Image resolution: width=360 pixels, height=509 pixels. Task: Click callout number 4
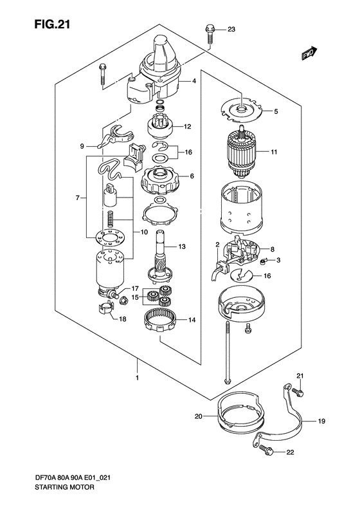coord(193,82)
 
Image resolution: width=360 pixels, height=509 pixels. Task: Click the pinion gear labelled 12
coord(160,127)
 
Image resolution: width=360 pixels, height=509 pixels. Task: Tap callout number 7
coord(78,198)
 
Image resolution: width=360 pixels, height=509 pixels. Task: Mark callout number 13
coord(181,246)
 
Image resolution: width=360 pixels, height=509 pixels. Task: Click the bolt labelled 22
coord(268,452)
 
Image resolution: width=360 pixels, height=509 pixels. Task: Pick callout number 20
coord(199,417)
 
